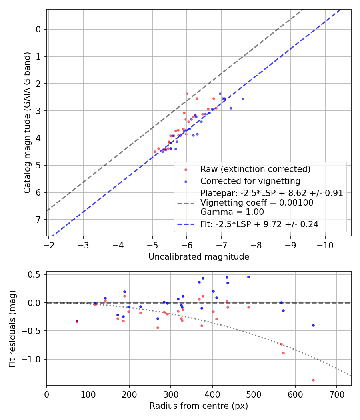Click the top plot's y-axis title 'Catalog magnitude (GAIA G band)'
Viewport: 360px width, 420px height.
coord(27,122)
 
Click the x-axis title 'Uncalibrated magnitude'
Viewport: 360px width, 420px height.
coord(199,257)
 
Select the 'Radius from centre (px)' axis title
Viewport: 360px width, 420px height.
coord(199,406)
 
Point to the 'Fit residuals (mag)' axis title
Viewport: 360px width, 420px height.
coord(12,329)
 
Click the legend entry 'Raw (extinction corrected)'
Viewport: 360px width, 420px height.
coord(255,169)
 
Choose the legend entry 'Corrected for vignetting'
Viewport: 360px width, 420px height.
coord(250,181)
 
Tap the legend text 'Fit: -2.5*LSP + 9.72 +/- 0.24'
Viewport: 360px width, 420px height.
coord(259,224)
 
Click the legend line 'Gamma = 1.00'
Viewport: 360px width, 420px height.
coord(232,212)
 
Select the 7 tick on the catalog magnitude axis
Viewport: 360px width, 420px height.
coord(38,220)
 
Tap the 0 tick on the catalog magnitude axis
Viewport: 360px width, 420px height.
coord(38,29)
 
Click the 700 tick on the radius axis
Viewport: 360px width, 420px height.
coord(336,393)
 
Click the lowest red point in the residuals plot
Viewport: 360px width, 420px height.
coord(313,380)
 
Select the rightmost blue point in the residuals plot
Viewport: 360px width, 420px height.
coord(313,325)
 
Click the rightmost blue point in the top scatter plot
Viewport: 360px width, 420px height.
coord(243,99)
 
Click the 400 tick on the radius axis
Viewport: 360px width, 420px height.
coord(212,393)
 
